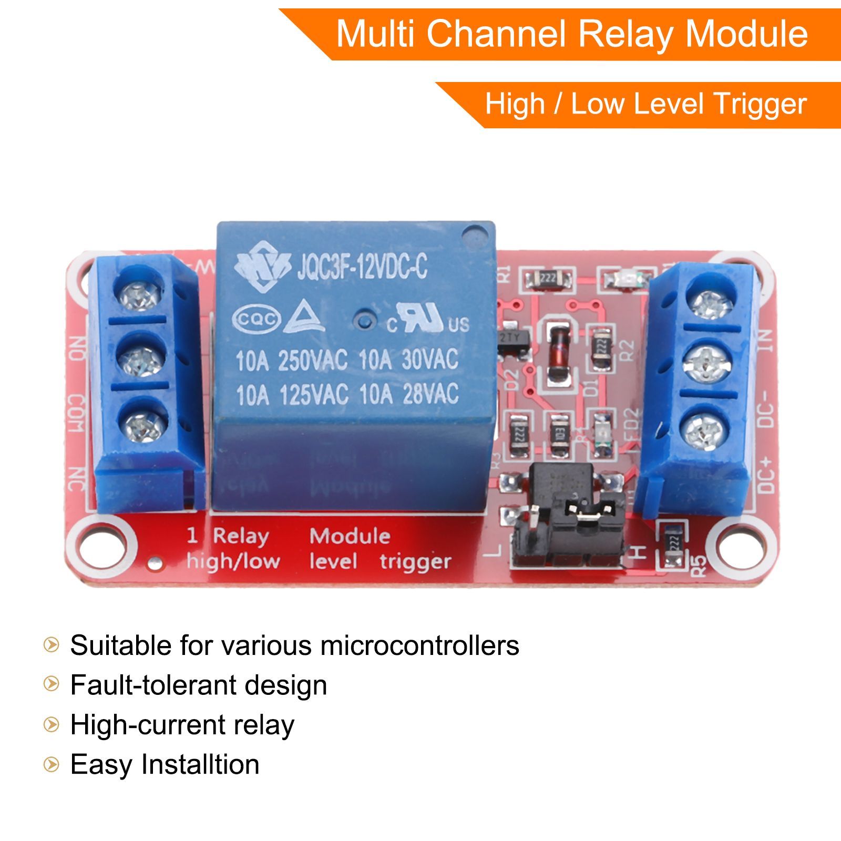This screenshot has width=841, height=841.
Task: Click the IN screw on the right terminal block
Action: point(711,303)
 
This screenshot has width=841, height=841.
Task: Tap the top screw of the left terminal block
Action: point(139,295)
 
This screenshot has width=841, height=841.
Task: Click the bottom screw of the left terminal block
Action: point(143,424)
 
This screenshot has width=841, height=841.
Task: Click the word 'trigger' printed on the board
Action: point(415,561)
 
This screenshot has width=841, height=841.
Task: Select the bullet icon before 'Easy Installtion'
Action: point(51,764)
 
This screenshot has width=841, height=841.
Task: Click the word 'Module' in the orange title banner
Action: point(746,34)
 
